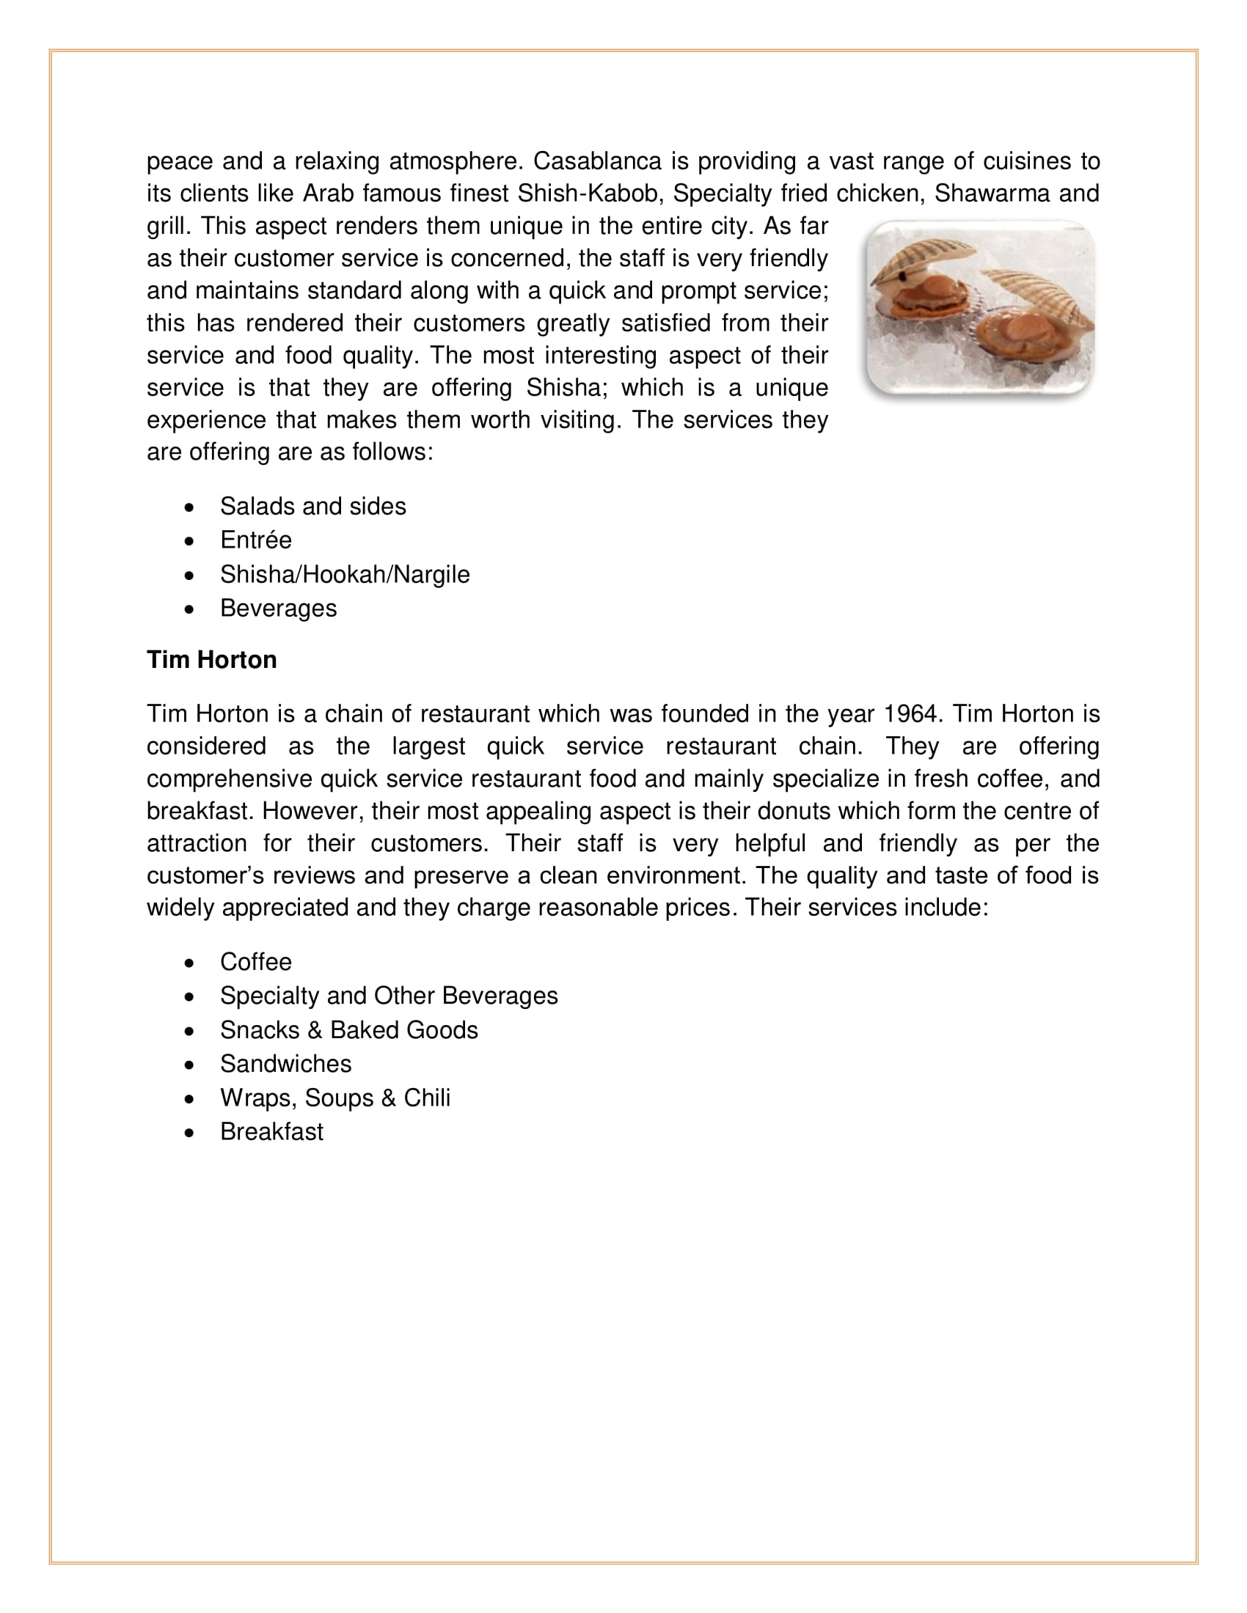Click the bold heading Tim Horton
pyautogui.click(x=211, y=660)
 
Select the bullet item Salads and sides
pyautogui.click(x=312, y=507)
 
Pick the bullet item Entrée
pyautogui.click(x=255, y=540)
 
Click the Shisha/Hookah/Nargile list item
pyautogui.click(x=344, y=575)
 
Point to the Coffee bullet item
pyautogui.click(x=255, y=963)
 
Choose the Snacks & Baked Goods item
pyautogui.click(x=348, y=1030)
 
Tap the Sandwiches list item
pyautogui.click(x=285, y=1065)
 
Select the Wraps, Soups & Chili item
pyautogui.click(x=334, y=1098)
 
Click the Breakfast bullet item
pyautogui.click(x=271, y=1132)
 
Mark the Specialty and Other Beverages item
pyautogui.click(x=389, y=996)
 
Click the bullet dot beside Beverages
pyautogui.click(x=191, y=609)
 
